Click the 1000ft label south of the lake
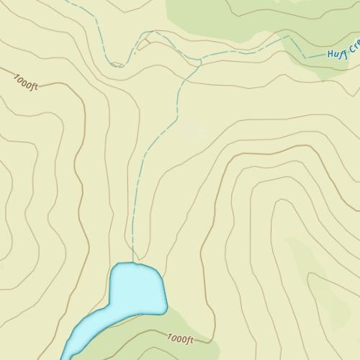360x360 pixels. (x=180, y=337)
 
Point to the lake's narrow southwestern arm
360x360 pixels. (x=85, y=328)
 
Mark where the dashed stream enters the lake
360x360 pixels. (x=133, y=263)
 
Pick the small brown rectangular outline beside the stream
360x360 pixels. (x=143, y=44)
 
